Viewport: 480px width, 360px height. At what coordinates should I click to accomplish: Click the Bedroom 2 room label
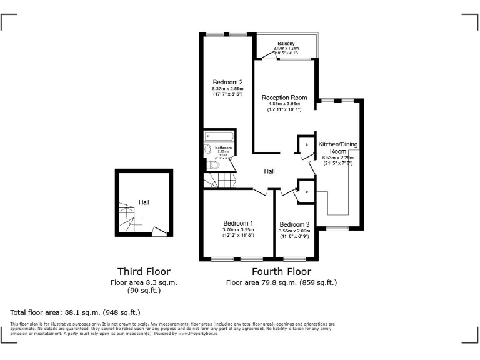227,82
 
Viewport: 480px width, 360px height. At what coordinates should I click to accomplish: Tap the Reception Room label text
284,97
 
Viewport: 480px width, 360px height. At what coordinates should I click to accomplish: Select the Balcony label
286,43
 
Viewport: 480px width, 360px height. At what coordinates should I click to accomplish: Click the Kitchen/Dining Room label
338,147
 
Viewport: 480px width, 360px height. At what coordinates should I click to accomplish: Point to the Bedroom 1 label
238,223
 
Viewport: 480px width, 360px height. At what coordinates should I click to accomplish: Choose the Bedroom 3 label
294,224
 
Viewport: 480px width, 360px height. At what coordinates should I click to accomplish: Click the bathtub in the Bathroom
219,136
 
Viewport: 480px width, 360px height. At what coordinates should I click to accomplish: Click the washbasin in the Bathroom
207,150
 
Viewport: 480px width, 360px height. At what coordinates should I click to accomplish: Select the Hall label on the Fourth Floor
269,171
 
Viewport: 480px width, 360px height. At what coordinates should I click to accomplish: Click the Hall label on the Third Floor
144,202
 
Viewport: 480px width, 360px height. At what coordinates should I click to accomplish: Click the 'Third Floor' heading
144,271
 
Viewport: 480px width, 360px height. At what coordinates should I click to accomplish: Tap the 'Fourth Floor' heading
281,271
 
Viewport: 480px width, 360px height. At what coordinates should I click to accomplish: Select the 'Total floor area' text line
76,312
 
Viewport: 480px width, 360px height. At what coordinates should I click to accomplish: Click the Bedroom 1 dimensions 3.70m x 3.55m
238,230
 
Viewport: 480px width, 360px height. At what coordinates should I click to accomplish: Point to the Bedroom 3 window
294,258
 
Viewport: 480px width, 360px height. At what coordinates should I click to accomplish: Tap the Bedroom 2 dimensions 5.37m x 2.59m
227,89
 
